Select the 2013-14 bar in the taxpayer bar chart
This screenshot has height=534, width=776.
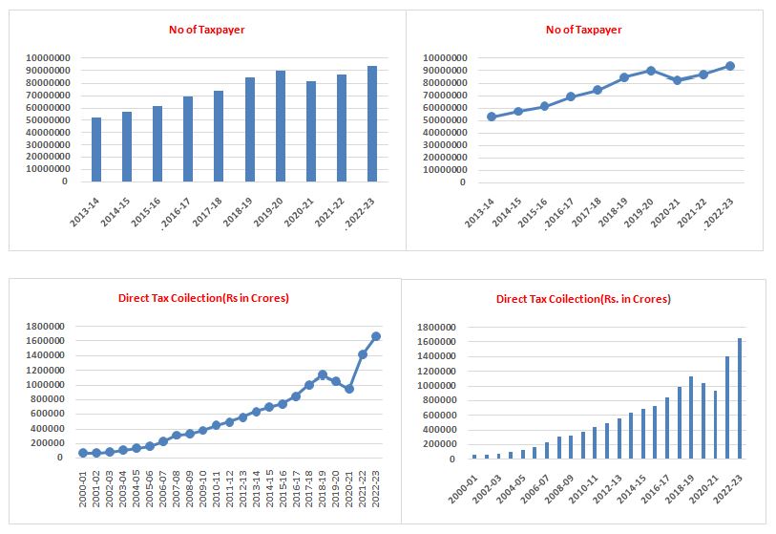[x=95, y=149]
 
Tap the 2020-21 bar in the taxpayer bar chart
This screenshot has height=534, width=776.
[x=310, y=131]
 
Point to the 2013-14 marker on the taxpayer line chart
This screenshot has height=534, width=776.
[x=492, y=117]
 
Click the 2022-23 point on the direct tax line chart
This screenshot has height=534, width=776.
[x=375, y=336]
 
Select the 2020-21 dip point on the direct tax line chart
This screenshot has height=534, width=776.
[x=349, y=389]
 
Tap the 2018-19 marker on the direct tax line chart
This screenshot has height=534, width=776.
[x=323, y=374]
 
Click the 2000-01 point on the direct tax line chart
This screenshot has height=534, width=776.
[x=83, y=453]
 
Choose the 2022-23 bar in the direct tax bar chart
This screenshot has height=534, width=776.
[x=738, y=398]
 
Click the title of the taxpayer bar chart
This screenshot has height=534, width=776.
[x=200, y=30]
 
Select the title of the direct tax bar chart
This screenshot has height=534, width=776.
[x=583, y=299]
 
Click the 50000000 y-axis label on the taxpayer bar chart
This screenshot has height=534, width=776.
[x=47, y=119]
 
